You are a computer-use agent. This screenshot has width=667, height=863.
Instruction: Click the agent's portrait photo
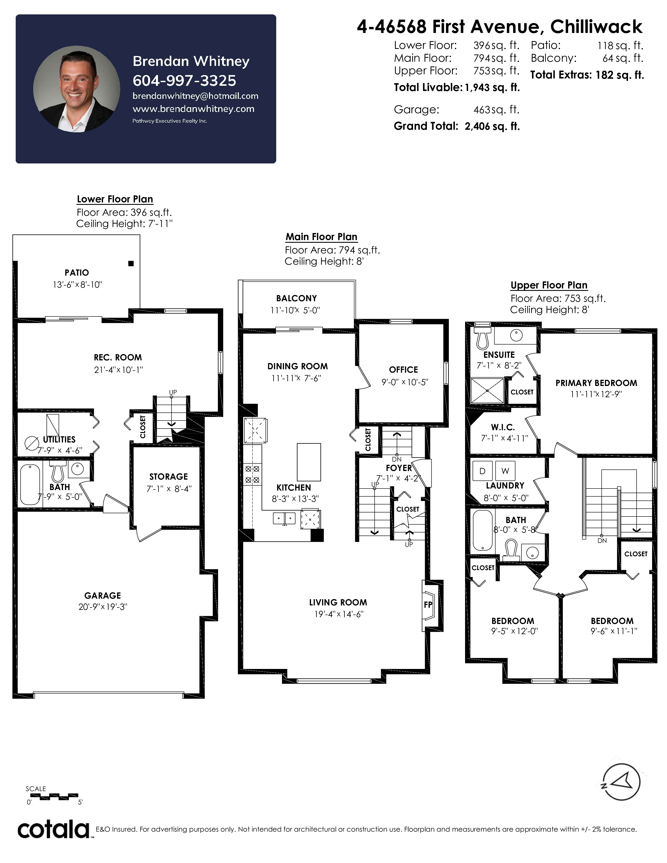76,89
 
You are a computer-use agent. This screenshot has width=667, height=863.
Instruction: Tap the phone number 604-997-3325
184,81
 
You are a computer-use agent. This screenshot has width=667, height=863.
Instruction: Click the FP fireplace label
428,605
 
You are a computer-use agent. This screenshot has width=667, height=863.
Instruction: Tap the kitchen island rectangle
309,462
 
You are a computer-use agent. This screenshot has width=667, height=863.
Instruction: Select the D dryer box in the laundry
483,471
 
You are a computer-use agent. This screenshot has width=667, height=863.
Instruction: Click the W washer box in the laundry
505,471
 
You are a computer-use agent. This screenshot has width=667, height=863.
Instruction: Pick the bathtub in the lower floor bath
30,484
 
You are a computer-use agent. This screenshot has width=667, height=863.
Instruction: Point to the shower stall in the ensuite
487,390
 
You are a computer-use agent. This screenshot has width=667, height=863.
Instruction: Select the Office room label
403,370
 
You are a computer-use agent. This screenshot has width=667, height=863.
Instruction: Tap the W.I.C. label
503,427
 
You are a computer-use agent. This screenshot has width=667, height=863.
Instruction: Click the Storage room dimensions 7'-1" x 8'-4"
169,489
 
